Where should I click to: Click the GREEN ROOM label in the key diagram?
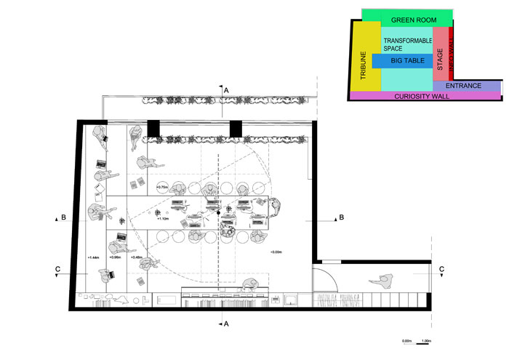point(407,20)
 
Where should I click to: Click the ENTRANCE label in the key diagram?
point(463,86)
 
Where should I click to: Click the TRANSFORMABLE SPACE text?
point(402,44)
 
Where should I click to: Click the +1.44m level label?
point(92,257)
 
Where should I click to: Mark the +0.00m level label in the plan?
point(276,251)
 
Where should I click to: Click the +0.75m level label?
point(162,187)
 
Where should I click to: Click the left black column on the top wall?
point(153,128)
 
